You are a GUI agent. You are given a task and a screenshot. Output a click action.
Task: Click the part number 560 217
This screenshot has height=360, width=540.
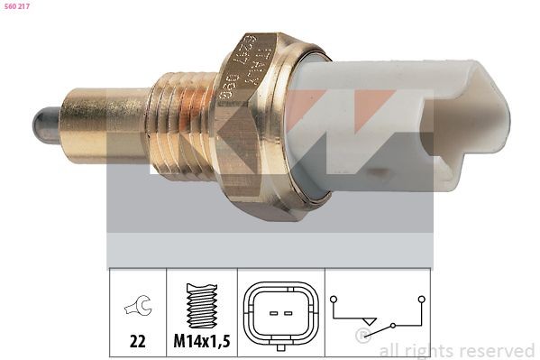(x=18, y=7)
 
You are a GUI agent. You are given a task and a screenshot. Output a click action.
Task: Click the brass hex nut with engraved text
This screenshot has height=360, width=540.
(x=256, y=126)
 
